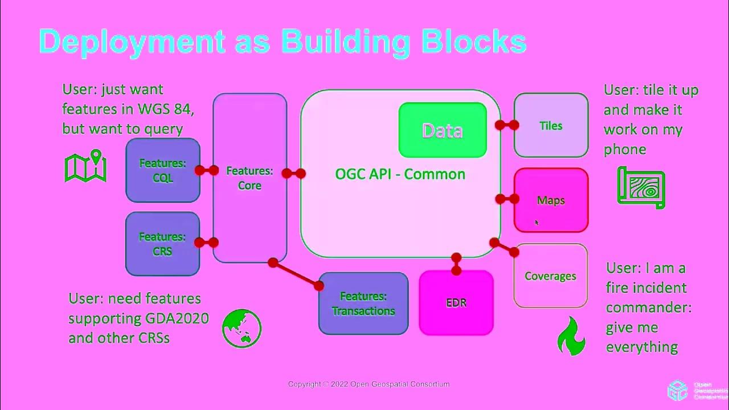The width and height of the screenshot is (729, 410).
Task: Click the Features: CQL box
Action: click(162, 170)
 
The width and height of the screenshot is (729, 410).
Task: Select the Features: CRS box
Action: click(162, 244)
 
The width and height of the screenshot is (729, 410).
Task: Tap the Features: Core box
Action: click(249, 178)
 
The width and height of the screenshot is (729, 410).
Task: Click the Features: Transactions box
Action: click(363, 304)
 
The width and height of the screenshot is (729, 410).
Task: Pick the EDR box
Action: click(456, 302)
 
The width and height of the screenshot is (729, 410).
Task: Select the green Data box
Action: click(443, 130)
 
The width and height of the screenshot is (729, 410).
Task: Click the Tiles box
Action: click(551, 125)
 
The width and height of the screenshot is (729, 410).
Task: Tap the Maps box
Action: click(551, 200)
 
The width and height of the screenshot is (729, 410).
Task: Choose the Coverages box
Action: click(550, 276)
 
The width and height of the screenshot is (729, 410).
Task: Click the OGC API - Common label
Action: click(400, 174)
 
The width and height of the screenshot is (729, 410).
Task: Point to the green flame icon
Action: click(571, 336)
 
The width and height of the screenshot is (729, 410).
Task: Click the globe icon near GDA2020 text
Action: click(241, 329)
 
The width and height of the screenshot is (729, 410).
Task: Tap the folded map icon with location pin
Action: click(86, 166)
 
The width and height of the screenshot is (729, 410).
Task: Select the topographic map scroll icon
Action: click(641, 187)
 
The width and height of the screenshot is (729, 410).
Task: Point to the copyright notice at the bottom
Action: click(368, 384)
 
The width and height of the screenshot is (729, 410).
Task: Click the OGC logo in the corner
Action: click(678, 390)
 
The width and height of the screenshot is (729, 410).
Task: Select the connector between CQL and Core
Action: click(207, 170)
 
